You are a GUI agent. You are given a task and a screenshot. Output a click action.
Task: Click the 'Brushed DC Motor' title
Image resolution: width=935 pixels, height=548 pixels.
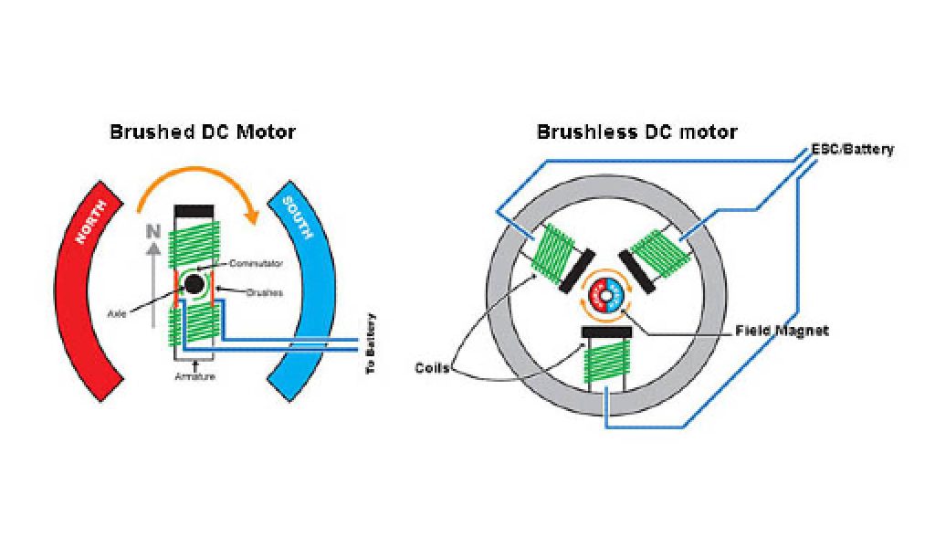(x=203, y=132)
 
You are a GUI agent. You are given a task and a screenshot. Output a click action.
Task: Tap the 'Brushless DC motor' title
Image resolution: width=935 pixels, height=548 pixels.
(x=636, y=132)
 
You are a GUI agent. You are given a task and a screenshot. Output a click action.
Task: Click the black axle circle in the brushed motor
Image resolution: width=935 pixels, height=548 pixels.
(x=194, y=284)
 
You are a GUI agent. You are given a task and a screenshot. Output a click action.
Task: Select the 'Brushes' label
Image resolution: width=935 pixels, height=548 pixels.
(x=264, y=293)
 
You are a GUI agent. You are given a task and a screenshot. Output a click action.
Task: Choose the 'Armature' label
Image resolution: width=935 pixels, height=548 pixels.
(x=194, y=376)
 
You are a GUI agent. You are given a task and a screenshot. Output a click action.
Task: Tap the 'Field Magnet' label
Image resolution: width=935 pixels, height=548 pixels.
(x=782, y=331)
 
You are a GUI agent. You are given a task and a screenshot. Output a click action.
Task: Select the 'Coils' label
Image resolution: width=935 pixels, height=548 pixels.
(x=432, y=368)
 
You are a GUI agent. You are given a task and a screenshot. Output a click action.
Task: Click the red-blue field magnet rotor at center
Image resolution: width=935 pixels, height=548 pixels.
(x=606, y=294)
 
